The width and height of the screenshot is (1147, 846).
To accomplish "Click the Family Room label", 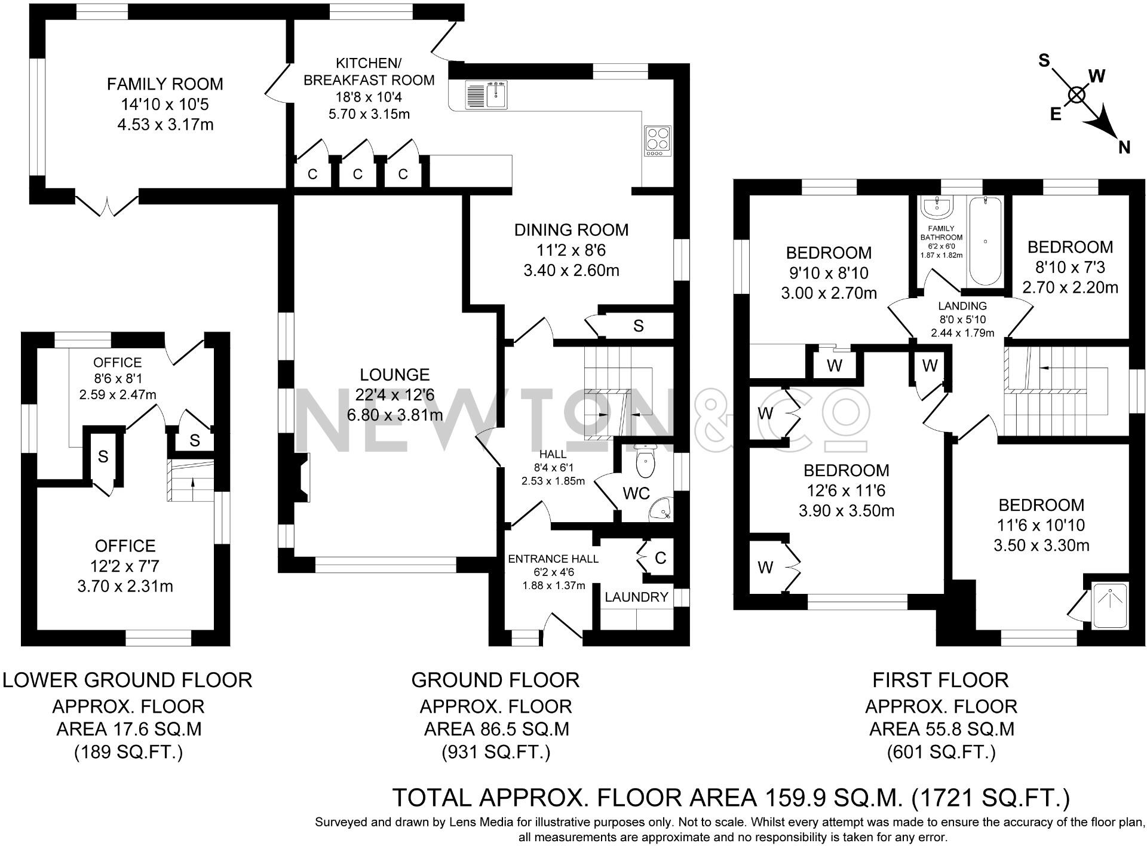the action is click(x=165, y=84).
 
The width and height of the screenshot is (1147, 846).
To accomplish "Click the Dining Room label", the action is click(x=571, y=230).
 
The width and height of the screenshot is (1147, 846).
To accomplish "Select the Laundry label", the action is click(x=636, y=597).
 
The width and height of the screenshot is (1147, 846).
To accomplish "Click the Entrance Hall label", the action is click(x=553, y=559).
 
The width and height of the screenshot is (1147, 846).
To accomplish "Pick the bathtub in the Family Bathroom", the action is click(x=985, y=241).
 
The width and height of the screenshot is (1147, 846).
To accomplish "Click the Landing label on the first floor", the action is click(x=962, y=306).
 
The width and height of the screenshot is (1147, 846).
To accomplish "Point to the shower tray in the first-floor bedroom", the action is click(x=1109, y=605).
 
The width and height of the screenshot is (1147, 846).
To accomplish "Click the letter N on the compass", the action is click(x=1124, y=147).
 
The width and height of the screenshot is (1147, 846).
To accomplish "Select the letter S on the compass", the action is click(x=1044, y=60).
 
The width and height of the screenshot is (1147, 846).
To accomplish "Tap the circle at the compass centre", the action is click(x=1077, y=95).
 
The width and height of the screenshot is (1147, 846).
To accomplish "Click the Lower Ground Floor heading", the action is click(x=127, y=680).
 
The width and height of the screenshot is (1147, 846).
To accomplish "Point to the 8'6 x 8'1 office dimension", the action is click(x=118, y=378).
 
